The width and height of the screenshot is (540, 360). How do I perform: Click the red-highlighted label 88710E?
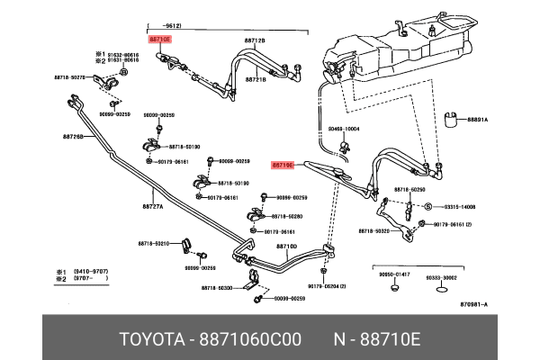(x=159, y=40)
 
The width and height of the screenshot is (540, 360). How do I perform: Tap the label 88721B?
(x=254, y=79)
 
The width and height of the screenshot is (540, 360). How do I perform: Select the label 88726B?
(x=73, y=137)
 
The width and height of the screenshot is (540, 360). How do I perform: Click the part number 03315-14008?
(x=456, y=205)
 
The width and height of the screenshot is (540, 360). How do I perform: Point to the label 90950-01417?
(x=394, y=274)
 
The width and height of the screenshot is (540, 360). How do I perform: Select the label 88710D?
(x=286, y=246)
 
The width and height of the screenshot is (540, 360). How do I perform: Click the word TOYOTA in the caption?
(x=149, y=340)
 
